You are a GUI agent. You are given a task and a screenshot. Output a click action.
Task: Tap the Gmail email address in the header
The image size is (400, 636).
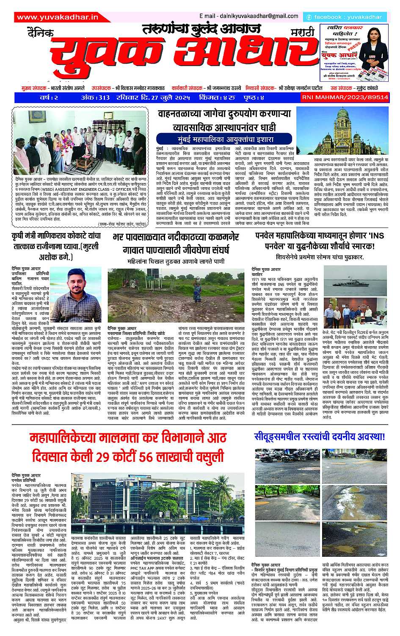point(247,16)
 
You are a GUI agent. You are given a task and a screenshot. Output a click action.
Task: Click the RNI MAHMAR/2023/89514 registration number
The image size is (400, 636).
point(351,97)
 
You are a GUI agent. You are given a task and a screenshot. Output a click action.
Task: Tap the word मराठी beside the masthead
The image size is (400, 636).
point(297,33)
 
